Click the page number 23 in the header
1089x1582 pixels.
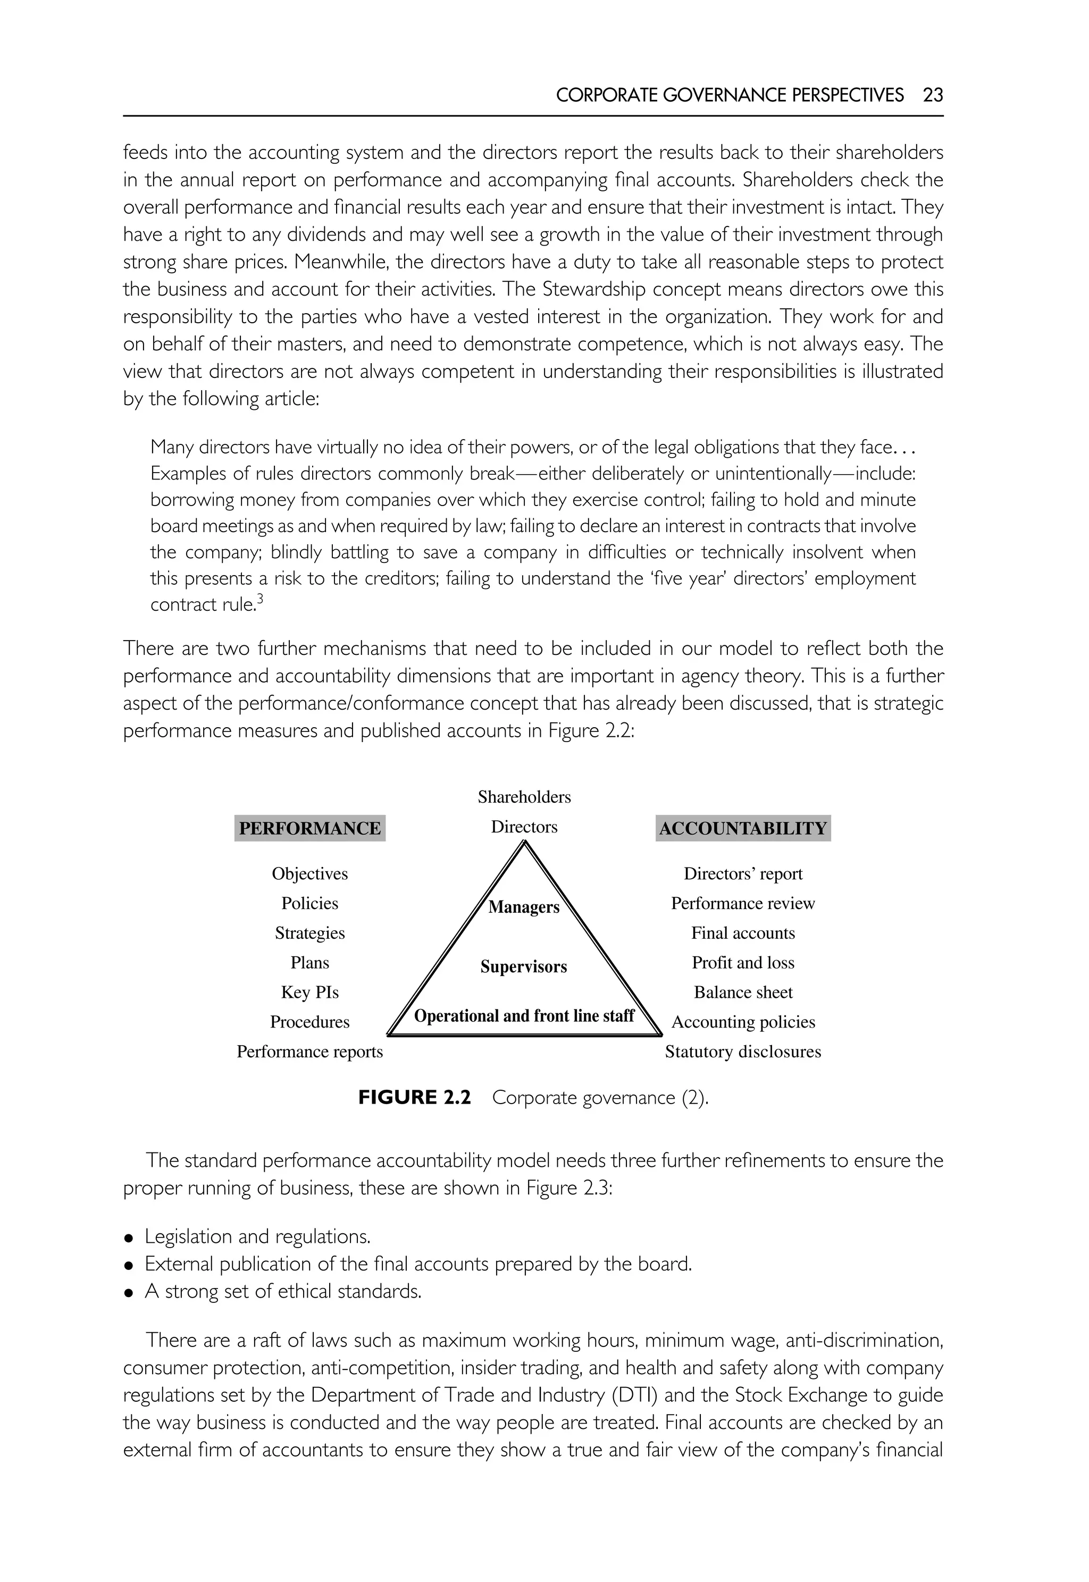tap(932, 95)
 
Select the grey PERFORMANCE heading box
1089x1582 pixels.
tap(310, 828)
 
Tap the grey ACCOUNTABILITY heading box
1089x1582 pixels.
tap(742, 828)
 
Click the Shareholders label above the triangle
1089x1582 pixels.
tap(524, 797)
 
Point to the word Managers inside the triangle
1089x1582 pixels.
tap(524, 907)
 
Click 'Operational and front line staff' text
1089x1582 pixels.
tap(524, 1016)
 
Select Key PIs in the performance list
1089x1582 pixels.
tap(310, 992)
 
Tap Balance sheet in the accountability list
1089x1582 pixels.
tap(743, 992)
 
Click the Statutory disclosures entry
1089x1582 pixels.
tap(743, 1051)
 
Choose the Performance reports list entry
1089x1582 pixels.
tap(310, 1051)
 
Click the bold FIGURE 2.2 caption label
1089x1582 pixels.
tap(415, 1098)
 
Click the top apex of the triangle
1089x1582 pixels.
tap(524, 843)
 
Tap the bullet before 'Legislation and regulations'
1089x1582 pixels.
tap(128, 1238)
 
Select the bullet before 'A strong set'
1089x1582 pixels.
tap(128, 1293)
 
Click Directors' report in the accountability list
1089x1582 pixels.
tap(743, 874)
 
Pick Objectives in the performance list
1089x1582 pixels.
tap(310, 874)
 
